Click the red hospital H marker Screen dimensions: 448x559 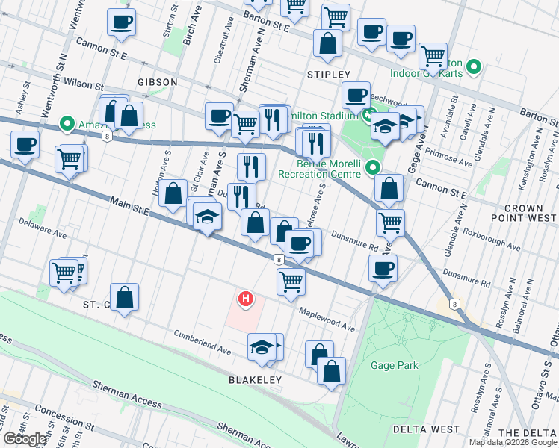click(x=244, y=300)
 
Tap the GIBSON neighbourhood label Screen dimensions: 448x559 click(x=157, y=81)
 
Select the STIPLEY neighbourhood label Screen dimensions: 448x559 click(x=328, y=75)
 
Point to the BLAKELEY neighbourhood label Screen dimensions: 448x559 click(x=255, y=380)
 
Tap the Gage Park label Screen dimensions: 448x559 click(x=394, y=366)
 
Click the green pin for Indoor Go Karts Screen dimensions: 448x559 click(x=473, y=69)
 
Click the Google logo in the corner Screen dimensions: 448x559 click(x=24, y=439)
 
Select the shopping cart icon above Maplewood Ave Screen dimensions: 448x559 click(x=291, y=282)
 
